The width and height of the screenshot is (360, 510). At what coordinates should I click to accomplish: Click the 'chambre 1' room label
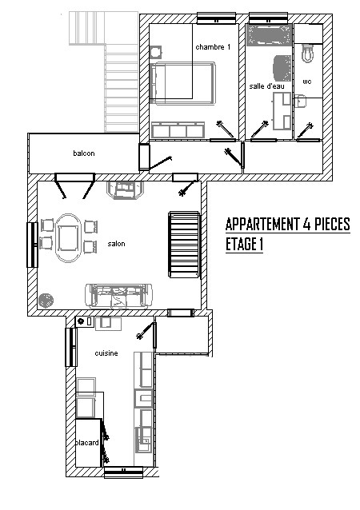pyautogui.click(x=213, y=47)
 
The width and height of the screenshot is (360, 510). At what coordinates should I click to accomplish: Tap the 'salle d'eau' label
pyautogui.click(x=266, y=86)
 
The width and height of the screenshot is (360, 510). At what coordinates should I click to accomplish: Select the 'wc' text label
pyautogui.click(x=307, y=82)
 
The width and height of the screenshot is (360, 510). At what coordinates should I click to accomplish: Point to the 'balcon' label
pyautogui.click(x=84, y=153)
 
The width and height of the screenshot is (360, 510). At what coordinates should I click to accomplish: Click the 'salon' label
pyautogui.click(x=116, y=244)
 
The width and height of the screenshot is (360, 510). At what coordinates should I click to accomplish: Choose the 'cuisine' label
pyautogui.click(x=106, y=353)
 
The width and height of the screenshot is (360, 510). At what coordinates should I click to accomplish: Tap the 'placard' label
pyautogui.click(x=87, y=443)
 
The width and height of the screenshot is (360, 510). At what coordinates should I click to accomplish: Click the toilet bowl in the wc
pyautogui.click(x=307, y=54)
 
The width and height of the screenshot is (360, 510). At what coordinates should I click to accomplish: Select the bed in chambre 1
pyautogui.click(x=182, y=83)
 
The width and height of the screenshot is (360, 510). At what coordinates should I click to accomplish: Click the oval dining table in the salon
pyautogui.click(x=68, y=238)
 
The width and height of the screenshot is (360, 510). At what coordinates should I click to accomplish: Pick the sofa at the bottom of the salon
pyautogui.click(x=118, y=296)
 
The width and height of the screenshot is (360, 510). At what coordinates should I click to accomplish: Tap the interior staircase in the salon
pyautogui.click(x=184, y=245)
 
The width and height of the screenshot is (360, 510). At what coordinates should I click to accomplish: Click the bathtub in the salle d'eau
pyautogui.click(x=269, y=34)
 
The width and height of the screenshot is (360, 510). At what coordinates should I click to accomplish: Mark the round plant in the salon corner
pyautogui.click(x=46, y=301)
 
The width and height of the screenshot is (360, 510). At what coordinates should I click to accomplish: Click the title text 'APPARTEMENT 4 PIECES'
pyautogui.click(x=288, y=224)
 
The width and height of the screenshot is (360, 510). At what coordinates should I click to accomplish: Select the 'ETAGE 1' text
pyautogui.click(x=244, y=245)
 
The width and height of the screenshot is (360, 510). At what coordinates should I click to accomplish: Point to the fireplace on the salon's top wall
pyautogui.click(x=126, y=190)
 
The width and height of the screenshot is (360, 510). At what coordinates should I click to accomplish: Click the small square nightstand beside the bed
pyautogui.click(x=156, y=52)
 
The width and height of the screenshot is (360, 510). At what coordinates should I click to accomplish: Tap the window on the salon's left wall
pyautogui.click(x=32, y=245)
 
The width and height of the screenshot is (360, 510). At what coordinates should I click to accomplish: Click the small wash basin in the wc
pyautogui.click(x=301, y=101)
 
